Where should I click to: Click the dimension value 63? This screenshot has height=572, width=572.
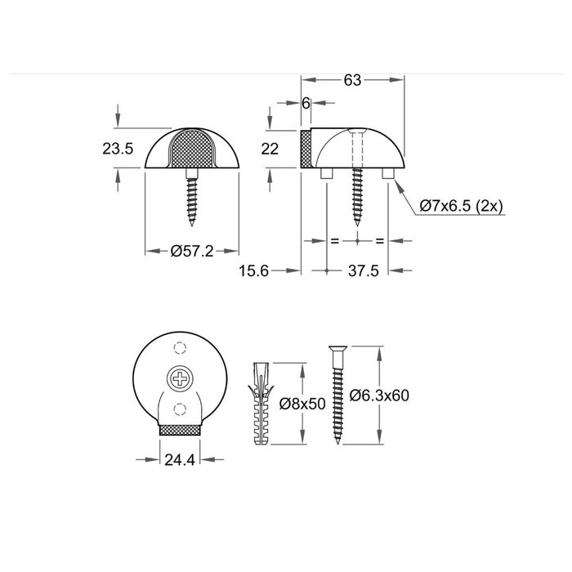tap(353, 80)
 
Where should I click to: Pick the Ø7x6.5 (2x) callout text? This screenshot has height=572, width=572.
tap(461, 205)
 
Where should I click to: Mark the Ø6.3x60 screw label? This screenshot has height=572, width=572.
tap(378, 395)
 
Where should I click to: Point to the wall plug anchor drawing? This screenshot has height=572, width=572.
tap(261, 403)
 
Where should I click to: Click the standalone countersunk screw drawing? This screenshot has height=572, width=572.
tap(337, 394)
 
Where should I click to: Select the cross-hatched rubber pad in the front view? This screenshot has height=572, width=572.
tap(193, 149)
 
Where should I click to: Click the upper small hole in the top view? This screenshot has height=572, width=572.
tap(179, 349)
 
